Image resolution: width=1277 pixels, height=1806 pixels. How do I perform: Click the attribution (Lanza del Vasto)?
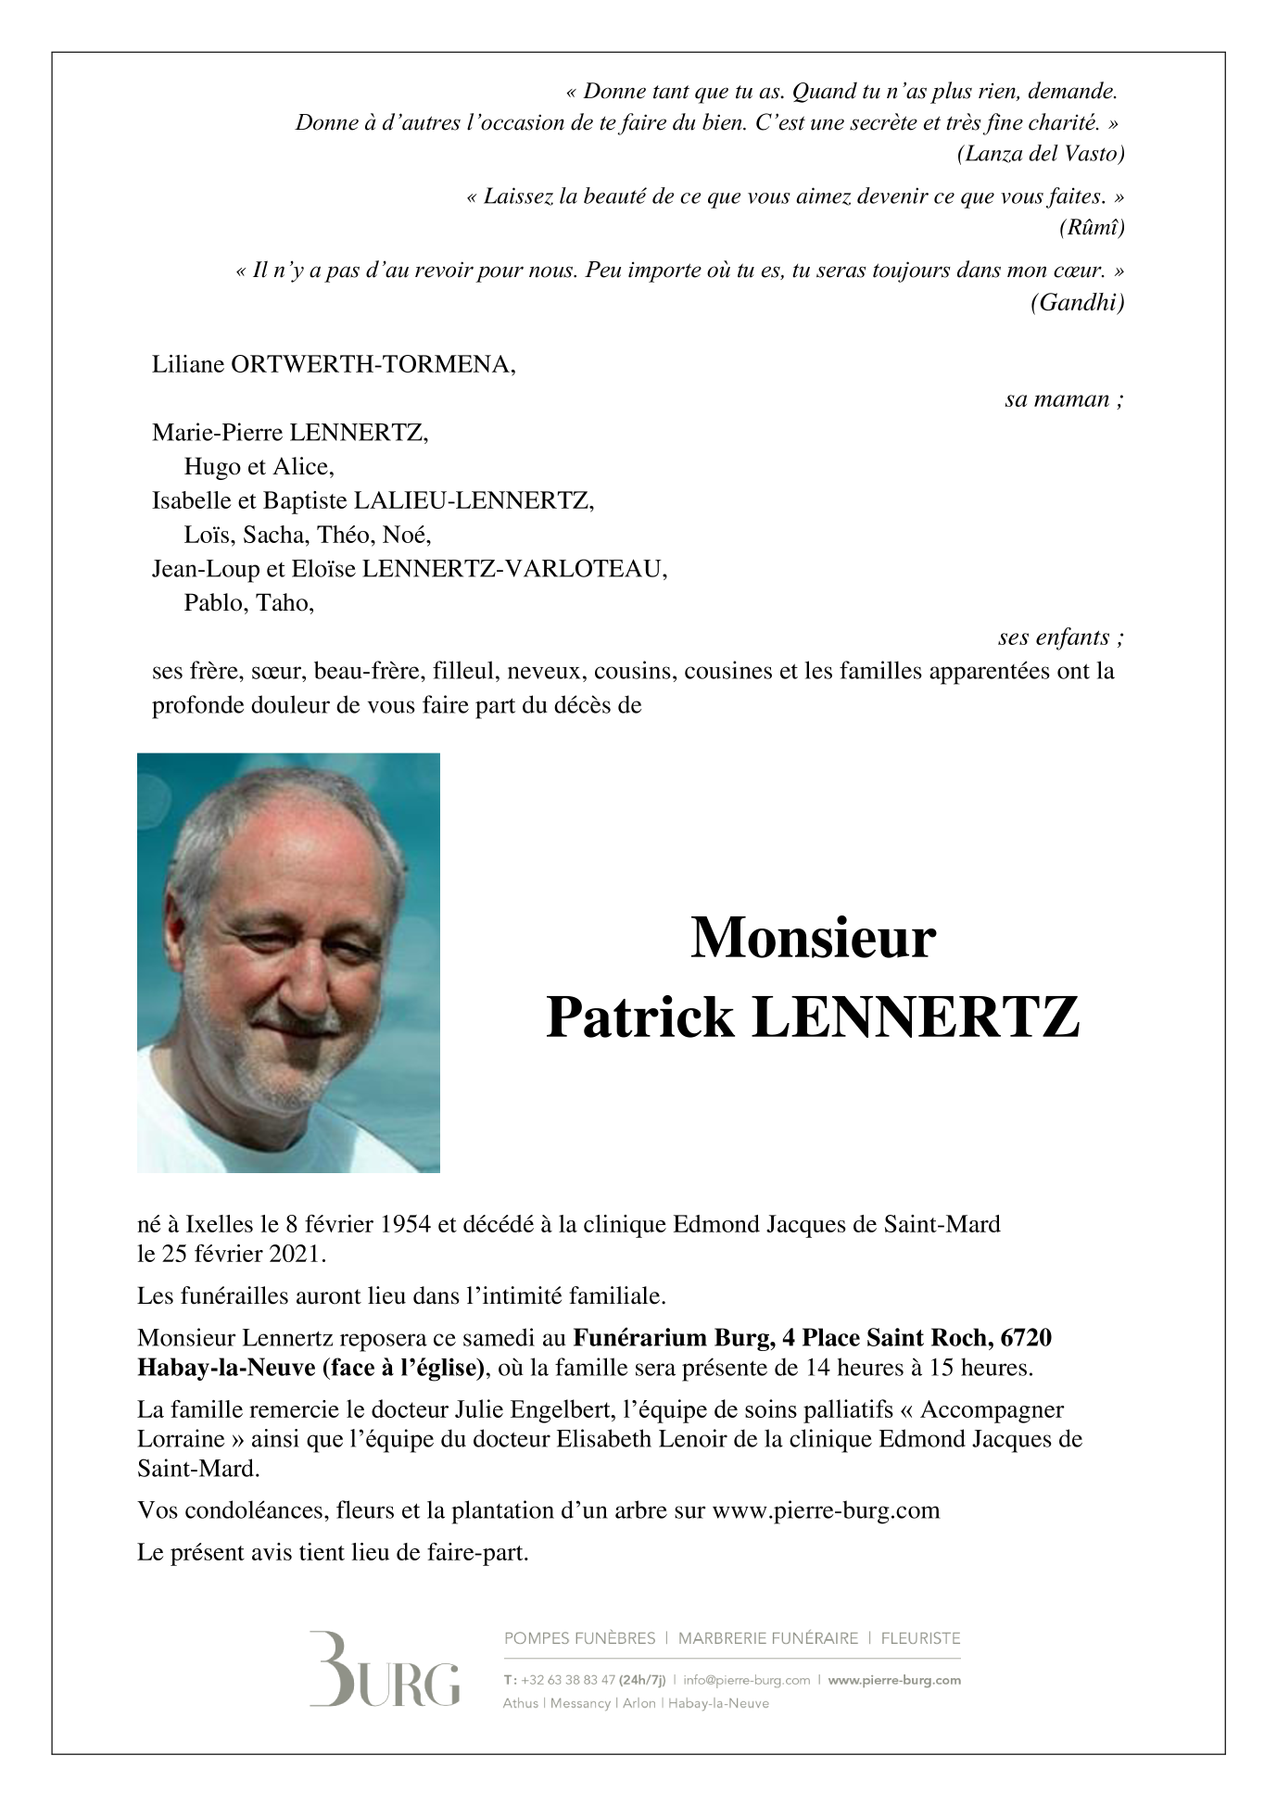[1040, 154]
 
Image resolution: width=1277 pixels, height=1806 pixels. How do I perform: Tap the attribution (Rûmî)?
[1092, 227]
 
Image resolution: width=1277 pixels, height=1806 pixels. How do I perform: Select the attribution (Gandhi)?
[1077, 302]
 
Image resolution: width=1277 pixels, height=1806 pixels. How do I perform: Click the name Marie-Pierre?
[218, 432]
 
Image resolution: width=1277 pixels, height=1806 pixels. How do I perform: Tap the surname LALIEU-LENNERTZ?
[474, 500]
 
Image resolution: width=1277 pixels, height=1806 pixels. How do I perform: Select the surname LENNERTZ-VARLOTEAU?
[514, 569]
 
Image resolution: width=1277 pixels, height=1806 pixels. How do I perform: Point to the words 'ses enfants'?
[1055, 638]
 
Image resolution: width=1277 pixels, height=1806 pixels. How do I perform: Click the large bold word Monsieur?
[813, 938]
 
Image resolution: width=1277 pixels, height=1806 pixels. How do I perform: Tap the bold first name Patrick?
[640, 1017]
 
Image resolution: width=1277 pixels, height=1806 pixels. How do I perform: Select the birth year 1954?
[405, 1224]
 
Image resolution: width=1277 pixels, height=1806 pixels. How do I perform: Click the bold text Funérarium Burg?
[671, 1338]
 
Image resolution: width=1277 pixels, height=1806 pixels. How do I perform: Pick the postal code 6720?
[1026, 1338]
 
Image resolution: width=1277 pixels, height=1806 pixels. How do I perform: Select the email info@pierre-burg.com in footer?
[746, 1680]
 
